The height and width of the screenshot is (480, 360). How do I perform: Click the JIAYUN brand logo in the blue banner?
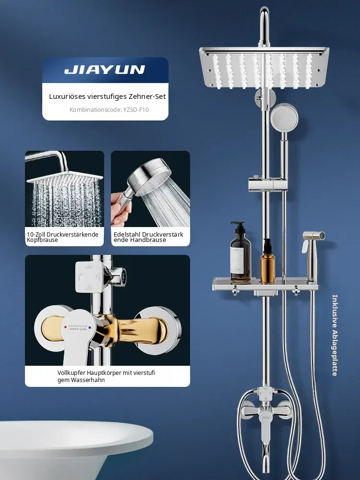(x=105, y=70)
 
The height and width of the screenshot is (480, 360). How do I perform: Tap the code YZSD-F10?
(x=136, y=109)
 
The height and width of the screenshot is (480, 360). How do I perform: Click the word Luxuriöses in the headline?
(x=67, y=96)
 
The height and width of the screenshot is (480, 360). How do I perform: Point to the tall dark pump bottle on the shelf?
(x=240, y=252)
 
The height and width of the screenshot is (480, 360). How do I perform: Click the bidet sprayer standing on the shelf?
(x=313, y=256)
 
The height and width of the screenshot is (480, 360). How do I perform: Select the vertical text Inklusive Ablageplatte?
(x=335, y=335)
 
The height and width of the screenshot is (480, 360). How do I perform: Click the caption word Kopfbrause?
(x=42, y=240)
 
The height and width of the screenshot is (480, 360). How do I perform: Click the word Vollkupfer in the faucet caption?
(x=72, y=373)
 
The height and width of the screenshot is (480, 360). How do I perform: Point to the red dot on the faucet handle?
(x=65, y=327)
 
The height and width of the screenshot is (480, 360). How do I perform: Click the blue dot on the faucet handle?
(x=89, y=327)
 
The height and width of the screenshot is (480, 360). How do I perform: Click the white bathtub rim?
(x=76, y=435)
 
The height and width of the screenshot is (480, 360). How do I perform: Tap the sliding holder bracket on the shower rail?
(x=265, y=184)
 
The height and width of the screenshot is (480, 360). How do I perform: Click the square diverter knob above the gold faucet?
(x=89, y=276)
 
